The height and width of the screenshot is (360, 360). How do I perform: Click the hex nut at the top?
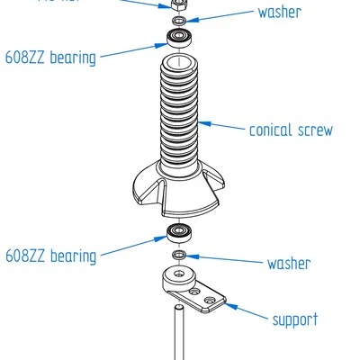click(178, 4)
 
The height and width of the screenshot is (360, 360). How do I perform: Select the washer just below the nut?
click(178, 20)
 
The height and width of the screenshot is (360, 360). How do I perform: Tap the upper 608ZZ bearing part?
click(178, 38)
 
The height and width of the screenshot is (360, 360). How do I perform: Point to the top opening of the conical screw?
click(179, 64)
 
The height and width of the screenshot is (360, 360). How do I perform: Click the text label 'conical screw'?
click(290, 130)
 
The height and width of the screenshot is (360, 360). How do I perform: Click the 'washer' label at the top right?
click(279, 13)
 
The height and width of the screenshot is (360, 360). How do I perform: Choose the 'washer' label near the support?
click(288, 264)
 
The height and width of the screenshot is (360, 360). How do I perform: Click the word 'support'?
click(294, 319)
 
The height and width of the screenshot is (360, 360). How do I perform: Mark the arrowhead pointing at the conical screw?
click(202, 122)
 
